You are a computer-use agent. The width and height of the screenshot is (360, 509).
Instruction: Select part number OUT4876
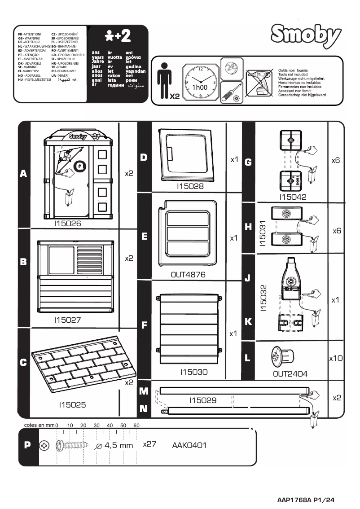(x=188, y=275)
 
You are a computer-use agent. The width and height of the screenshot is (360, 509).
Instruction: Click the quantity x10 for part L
(x=335, y=359)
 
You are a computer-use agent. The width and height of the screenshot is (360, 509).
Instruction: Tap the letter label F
(x=144, y=326)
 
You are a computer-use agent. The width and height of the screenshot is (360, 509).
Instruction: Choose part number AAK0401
(x=189, y=445)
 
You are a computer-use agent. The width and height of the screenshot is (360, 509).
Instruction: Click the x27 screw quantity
(x=149, y=444)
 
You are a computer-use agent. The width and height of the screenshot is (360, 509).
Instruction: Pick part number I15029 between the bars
(x=203, y=400)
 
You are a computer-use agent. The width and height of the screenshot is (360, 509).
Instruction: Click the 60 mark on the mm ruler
(x=136, y=425)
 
